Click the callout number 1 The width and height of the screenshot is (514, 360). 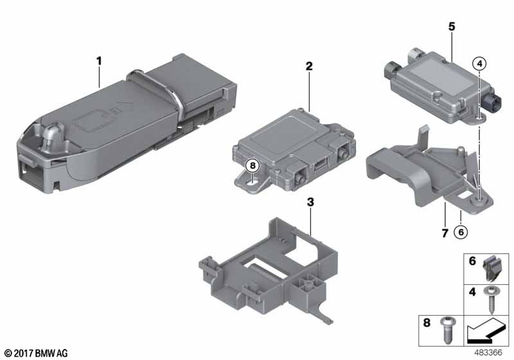(x=99, y=61)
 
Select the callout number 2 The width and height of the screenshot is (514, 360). (x=309, y=66)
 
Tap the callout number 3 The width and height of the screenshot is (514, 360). (x=310, y=203)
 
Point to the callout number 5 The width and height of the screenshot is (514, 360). (x=452, y=26)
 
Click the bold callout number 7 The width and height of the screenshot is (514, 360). (x=445, y=233)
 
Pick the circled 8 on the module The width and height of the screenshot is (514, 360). (x=253, y=166)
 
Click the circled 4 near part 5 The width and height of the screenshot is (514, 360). (x=479, y=64)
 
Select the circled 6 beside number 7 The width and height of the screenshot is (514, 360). (x=461, y=232)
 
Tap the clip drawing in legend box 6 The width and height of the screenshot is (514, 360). (x=491, y=269)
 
